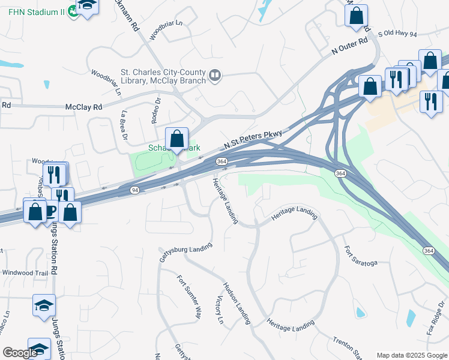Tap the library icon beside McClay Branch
tap(215, 76)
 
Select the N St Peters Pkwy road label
tap(253, 139)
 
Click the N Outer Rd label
tap(349, 47)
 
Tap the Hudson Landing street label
tap(237, 303)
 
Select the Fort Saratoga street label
tap(360, 256)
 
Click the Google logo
tap(21, 353)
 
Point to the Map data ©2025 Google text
tap(411, 355)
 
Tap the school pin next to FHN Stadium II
tap(88, 6)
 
